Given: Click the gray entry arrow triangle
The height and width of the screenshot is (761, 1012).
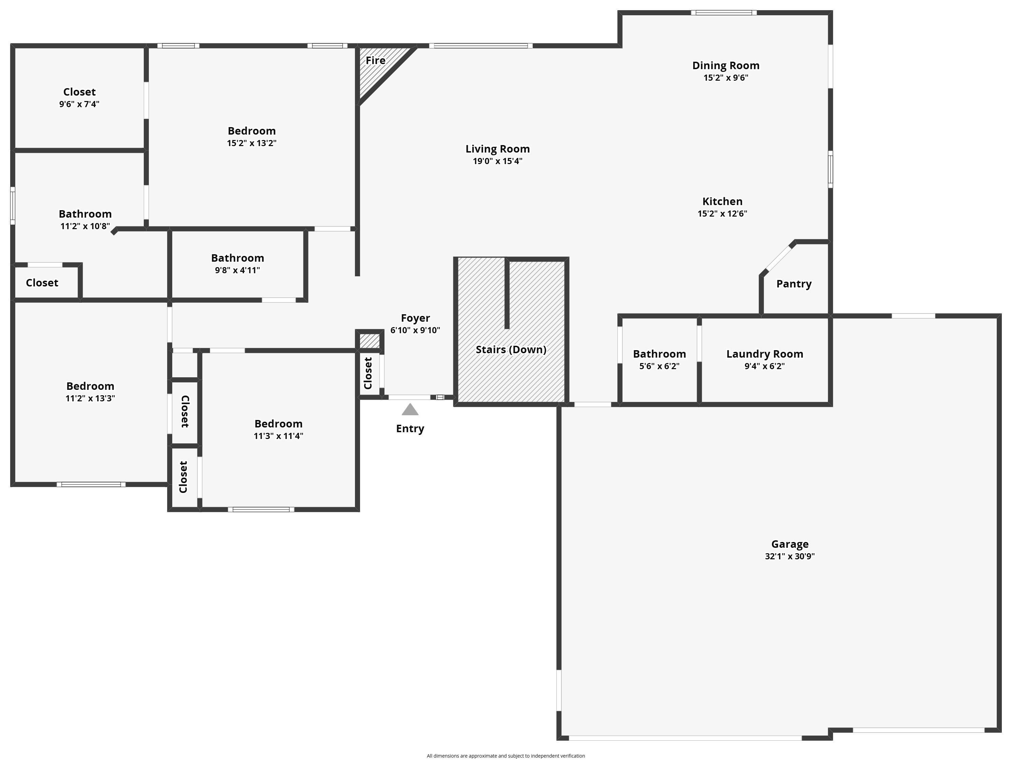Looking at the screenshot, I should (x=410, y=410).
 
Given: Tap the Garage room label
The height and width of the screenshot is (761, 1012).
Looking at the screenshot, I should (x=790, y=544).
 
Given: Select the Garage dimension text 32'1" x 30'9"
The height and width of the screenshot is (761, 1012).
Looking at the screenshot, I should (x=790, y=557).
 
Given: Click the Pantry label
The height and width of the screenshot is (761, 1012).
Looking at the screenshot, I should (x=794, y=284).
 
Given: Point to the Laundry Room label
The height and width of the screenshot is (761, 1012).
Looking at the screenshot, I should (x=765, y=354).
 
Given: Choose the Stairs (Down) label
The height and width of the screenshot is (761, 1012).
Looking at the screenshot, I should (x=511, y=350).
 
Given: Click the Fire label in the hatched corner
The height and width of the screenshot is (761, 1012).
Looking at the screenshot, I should (x=375, y=60).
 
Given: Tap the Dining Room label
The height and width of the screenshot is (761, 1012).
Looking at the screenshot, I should (x=726, y=66).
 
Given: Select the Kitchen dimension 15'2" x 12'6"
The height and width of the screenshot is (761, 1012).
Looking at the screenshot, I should (x=722, y=214).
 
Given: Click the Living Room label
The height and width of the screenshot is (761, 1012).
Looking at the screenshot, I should (x=497, y=149).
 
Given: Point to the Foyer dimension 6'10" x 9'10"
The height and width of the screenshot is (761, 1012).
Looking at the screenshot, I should (x=415, y=330).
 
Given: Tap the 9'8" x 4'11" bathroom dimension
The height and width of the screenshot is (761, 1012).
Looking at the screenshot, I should (x=237, y=270).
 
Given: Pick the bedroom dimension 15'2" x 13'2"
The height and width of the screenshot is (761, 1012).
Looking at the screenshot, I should (x=252, y=143).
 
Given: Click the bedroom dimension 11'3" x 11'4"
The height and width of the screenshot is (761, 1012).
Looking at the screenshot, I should (x=278, y=436).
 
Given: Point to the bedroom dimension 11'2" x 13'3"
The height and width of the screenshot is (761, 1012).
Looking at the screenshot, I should (x=90, y=398).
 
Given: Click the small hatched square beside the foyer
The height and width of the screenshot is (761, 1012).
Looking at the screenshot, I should (x=369, y=341).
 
